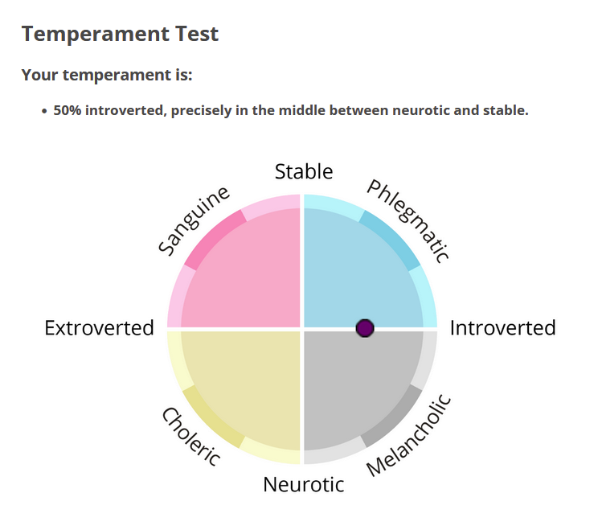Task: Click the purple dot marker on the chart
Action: pyautogui.click(x=365, y=328)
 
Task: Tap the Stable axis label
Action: pyautogui.click(x=304, y=171)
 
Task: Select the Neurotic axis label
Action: pyautogui.click(x=303, y=484)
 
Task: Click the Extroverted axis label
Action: pyautogui.click(x=99, y=328)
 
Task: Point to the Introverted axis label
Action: pyautogui.click(x=502, y=328)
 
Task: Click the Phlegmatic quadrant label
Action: pyautogui.click(x=407, y=222)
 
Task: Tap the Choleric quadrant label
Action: pyautogui.click(x=191, y=437)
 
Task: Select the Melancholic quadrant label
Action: pyautogui.click(x=408, y=435)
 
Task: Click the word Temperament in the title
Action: pyautogui.click(x=96, y=35)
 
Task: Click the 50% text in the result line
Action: pyautogui.click(x=68, y=110)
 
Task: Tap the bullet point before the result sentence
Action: pyautogui.click(x=44, y=111)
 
